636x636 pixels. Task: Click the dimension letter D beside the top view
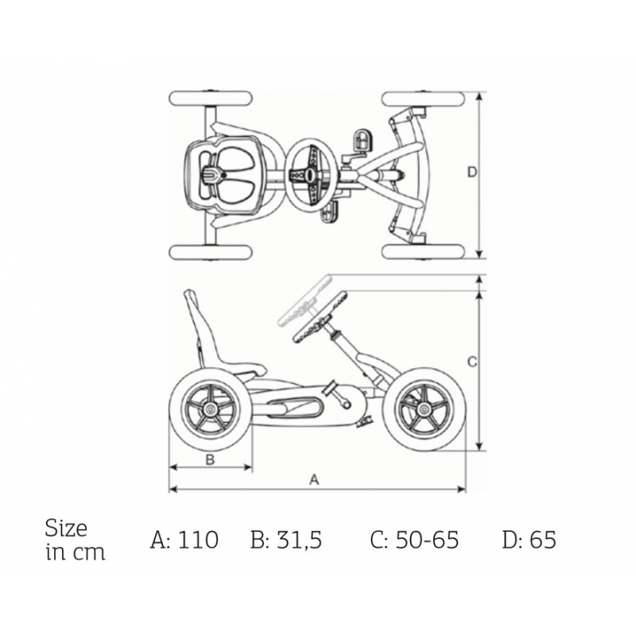point(472,172)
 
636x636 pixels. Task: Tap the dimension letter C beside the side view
point(472,362)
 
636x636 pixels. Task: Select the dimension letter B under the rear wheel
point(210,460)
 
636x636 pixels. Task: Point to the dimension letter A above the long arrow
point(314,480)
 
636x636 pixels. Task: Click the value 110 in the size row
point(198,540)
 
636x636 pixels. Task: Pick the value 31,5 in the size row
point(300,541)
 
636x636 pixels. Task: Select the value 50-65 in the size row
point(427,540)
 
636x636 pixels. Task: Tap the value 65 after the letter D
point(543,540)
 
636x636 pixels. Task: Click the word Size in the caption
point(66,528)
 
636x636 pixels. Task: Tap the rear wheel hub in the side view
point(210,409)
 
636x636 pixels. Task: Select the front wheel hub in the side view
point(424,409)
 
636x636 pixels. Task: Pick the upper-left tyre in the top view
point(211,99)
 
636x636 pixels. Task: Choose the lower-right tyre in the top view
point(423,252)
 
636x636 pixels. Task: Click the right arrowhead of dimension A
point(462,489)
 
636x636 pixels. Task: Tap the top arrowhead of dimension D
point(480,96)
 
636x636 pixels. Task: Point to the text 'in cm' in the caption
point(76,553)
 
